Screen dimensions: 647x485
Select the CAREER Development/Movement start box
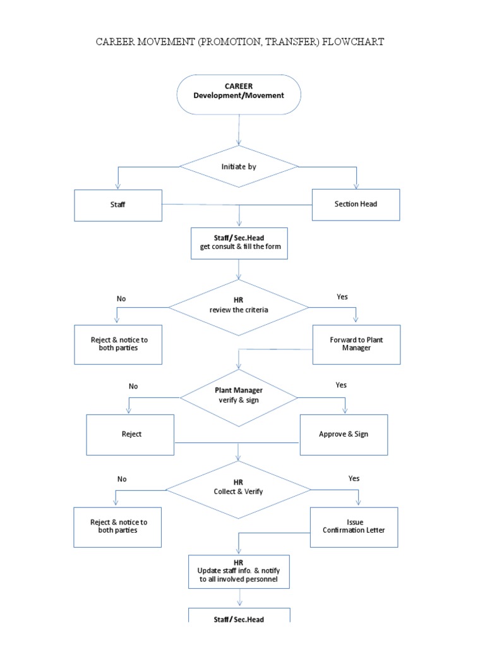239,94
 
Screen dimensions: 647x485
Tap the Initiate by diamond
239,167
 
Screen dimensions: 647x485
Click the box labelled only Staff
118,205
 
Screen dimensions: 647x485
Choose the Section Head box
356,204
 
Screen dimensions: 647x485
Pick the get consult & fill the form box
239,243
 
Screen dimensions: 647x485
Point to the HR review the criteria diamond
239,308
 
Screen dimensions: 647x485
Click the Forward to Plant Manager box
356,344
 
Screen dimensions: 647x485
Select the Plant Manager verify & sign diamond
239,397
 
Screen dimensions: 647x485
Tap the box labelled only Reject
131,435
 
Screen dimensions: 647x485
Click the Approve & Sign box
344,435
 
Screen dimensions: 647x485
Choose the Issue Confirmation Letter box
354,526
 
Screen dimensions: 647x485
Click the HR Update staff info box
239,571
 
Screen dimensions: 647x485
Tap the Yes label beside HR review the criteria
342,297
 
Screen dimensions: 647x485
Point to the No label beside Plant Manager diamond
133,386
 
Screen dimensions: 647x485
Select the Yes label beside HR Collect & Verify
354,479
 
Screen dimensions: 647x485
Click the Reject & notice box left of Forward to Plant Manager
118,344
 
